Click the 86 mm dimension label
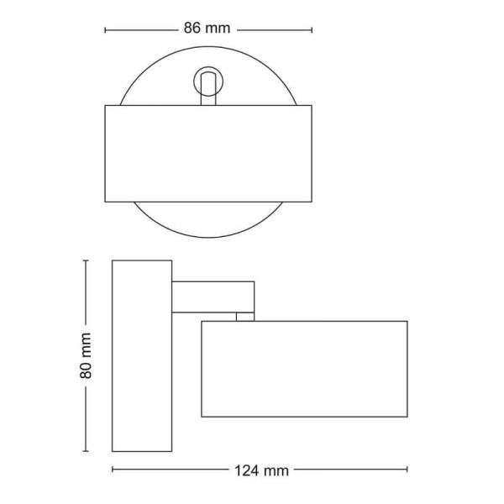(x=207, y=28)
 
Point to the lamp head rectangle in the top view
(x=207, y=153)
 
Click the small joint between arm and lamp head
(x=244, y=316)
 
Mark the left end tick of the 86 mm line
(x=105, y=29)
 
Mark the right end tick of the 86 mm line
(x=312, y=29)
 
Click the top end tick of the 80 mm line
(x=86, y=260)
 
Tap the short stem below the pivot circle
(x=207, y=98)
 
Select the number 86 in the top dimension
(x=194, y=28)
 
